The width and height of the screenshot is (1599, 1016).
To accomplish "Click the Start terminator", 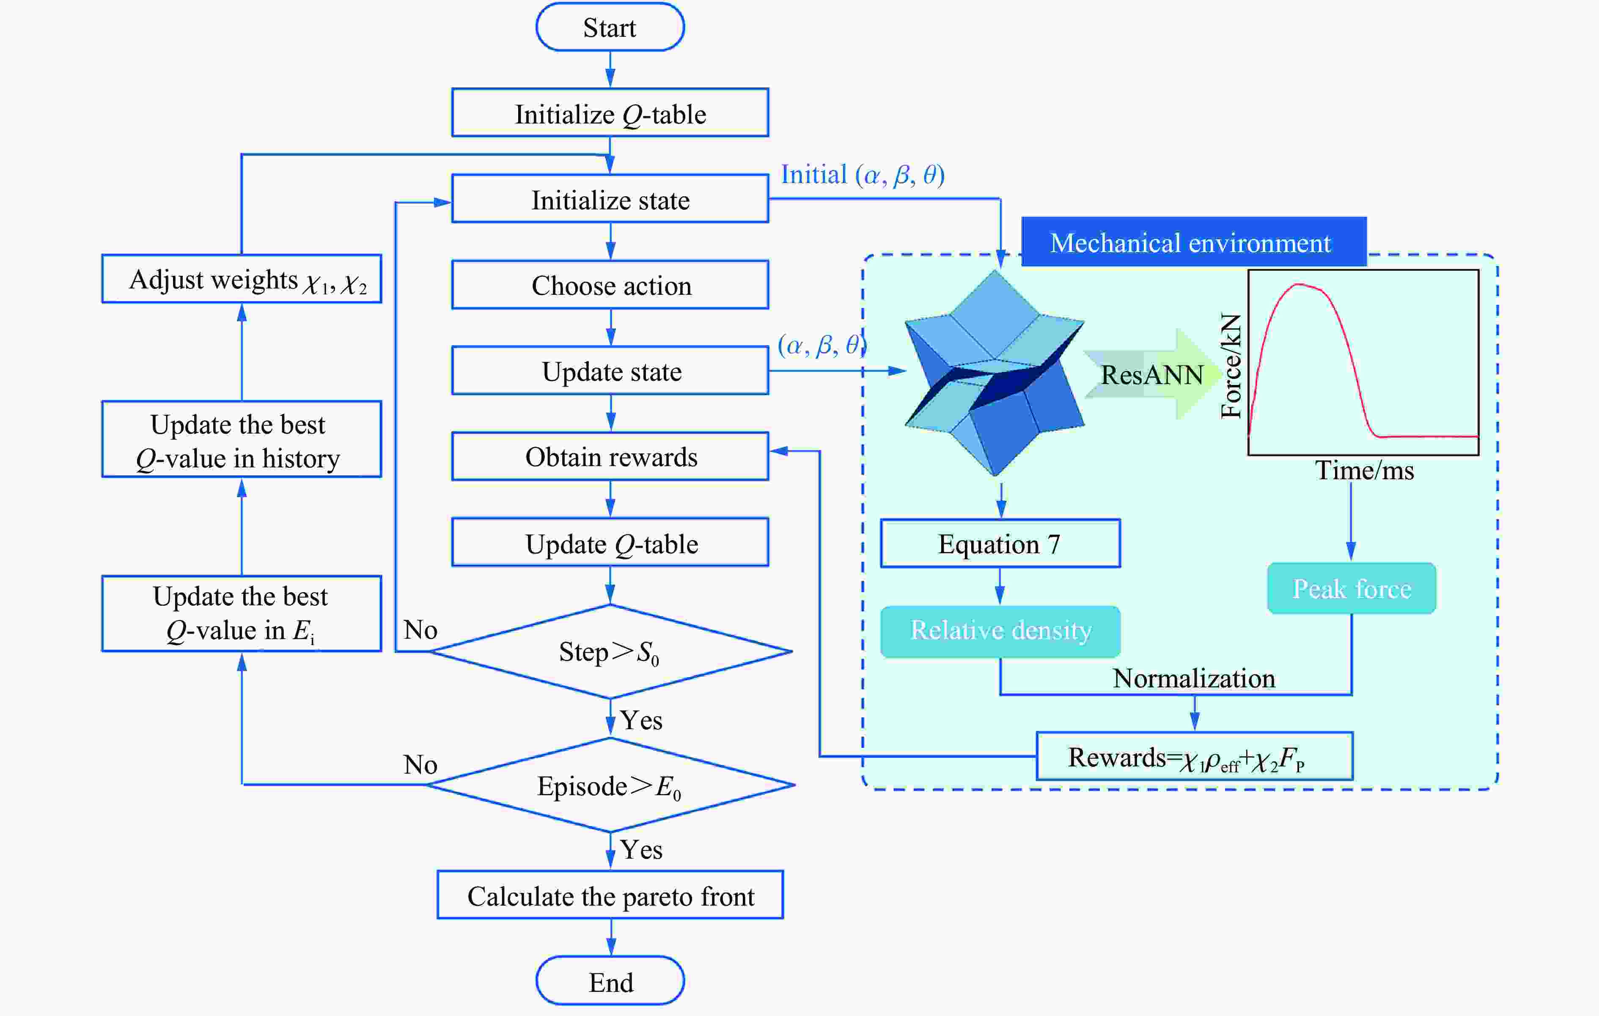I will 610,27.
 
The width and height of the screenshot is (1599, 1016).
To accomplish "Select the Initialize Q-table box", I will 610,113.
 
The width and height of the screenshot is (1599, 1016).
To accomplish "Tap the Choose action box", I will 610,285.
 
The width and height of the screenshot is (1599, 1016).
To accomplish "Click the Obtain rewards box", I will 610,457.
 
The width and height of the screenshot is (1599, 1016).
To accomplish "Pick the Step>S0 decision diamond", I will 610,651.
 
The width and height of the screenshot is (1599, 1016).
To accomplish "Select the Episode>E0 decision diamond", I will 610,785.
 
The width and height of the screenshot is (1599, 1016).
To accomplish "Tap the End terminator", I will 610,981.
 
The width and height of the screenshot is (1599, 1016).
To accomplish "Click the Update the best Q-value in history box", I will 242,439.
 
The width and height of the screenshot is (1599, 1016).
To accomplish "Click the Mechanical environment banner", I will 1193,242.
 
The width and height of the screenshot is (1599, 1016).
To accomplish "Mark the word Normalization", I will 1194,678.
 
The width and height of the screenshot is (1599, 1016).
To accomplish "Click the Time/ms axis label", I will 1365,470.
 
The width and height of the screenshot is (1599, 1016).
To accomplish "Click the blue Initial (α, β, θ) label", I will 863,175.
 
